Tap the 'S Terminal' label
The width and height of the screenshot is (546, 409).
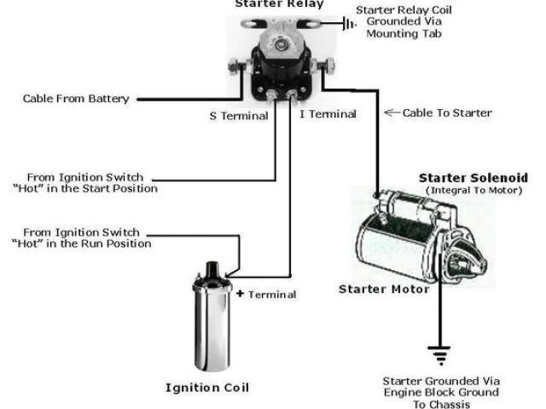(x=240, y=115)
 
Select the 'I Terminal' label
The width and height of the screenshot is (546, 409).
(x=328, y=114)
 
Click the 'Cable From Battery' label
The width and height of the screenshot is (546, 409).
(x=76, y=99)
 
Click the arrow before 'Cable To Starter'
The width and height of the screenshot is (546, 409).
(x=392, y=112)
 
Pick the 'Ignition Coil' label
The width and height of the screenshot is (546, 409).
(x=207, y=388)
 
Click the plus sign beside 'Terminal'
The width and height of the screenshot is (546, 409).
(x=241, y=294)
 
